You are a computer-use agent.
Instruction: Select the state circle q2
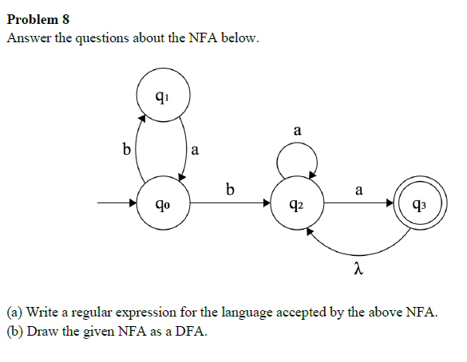click(x=297, y=203)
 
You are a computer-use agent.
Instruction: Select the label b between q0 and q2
click(x=230, y=190)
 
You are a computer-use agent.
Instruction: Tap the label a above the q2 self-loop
click(x=297, y=129)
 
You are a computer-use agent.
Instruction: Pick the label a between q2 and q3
click(x=358, y=190)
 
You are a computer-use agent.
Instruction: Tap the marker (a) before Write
click(x=15, y=312)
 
